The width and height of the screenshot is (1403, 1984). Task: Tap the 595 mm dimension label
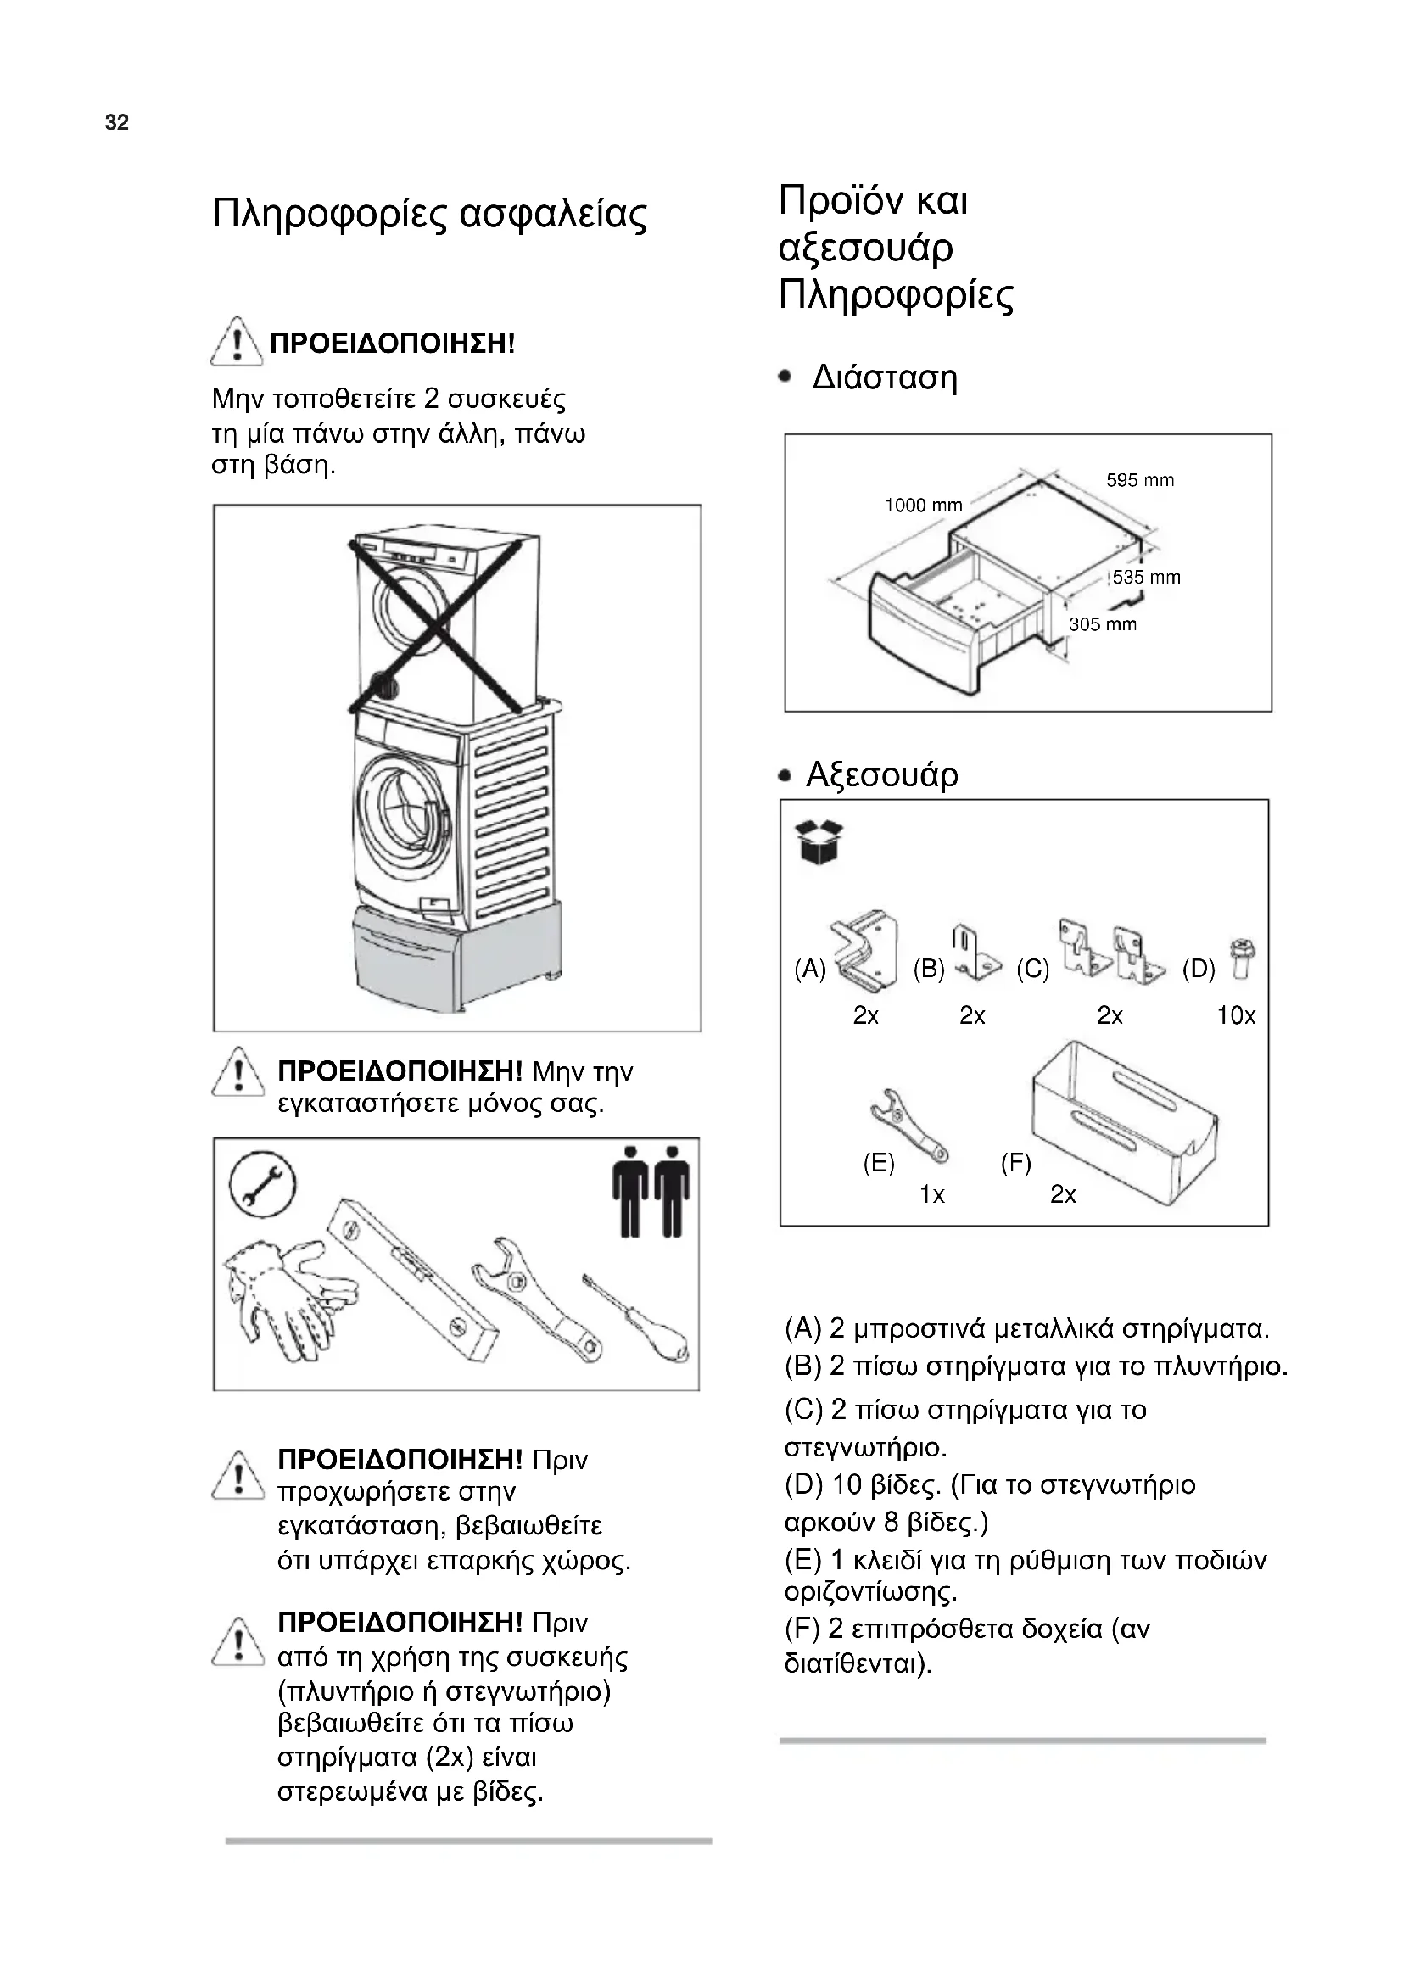pos(1139,479)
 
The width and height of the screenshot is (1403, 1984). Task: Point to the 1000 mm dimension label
pos(923,506)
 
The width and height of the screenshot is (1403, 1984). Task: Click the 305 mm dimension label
pos(1103,624)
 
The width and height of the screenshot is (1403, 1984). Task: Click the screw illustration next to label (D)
pos(1245,960)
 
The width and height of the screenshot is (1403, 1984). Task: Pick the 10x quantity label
pos(1235,1015)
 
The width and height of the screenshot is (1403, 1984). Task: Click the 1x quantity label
pos(931,1194)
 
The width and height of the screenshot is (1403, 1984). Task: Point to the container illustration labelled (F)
pos(1123,1123)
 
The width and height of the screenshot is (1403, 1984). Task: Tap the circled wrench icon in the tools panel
pos(255,1185)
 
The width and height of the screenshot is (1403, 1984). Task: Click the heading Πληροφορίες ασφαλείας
pos(428,215)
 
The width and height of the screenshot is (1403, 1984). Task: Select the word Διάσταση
pos(885,378)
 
